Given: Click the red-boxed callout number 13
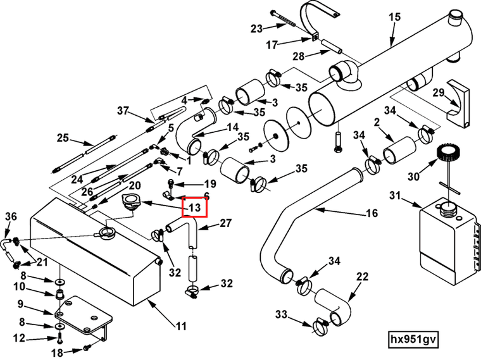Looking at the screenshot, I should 194,207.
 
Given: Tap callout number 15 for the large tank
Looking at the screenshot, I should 394,17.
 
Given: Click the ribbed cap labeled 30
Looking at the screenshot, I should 446,154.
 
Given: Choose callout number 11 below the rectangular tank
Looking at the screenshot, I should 182,326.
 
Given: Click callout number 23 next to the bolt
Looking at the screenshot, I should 256,28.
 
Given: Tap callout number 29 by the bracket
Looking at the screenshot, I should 439,93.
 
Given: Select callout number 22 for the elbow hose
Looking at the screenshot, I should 362,276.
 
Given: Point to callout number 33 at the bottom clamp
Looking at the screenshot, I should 281,314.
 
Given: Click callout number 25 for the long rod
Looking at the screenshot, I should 63,138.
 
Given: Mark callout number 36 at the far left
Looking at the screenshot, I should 10,216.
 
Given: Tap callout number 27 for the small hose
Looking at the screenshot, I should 227,223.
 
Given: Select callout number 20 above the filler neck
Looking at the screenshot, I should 135,185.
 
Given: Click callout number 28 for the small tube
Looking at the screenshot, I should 298,56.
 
